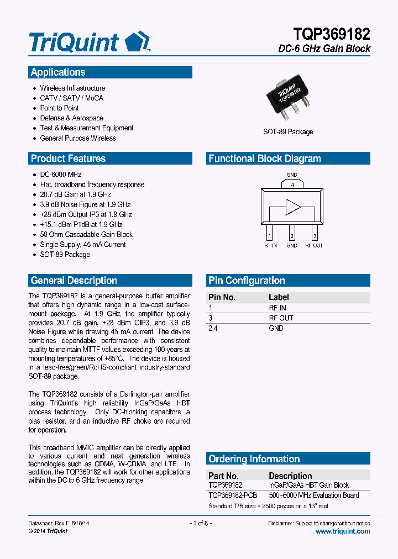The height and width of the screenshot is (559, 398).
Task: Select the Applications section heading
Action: coord(58,72)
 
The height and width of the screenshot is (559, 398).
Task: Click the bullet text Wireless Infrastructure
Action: coord(72,88)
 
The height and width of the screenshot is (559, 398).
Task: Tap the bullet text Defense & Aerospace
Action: coord(71,118)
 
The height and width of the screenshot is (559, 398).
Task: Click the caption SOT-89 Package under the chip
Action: coord(288,132)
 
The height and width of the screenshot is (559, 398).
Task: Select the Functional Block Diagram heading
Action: coord(264,159)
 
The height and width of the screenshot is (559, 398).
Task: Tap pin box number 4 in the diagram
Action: coord(292,184)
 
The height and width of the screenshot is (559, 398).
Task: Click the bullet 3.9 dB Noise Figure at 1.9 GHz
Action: coord(85,204)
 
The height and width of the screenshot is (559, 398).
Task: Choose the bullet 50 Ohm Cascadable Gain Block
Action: coord(86,234)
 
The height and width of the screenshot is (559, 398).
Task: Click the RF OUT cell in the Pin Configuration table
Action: coord(281,318)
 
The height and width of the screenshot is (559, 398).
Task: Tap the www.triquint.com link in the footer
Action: coord(343,531)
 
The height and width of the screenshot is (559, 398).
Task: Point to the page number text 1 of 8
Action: coord(201,523)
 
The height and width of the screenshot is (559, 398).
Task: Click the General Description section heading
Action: coord(74,281)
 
